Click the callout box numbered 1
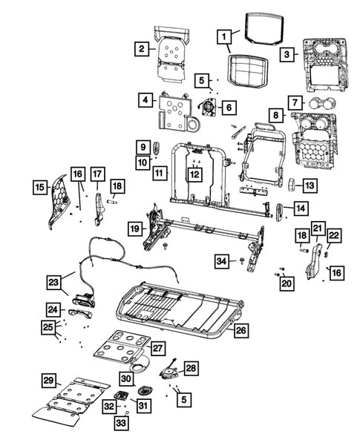tap(223, 36)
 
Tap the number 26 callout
tap(239, 331)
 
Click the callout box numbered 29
tap(48, 381)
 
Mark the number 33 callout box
tap(120, 423)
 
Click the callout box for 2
tap(140, 49)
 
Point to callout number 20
tap(286, 281)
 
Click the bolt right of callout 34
tap(242, 261)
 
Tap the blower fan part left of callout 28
tap(169, 370)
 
